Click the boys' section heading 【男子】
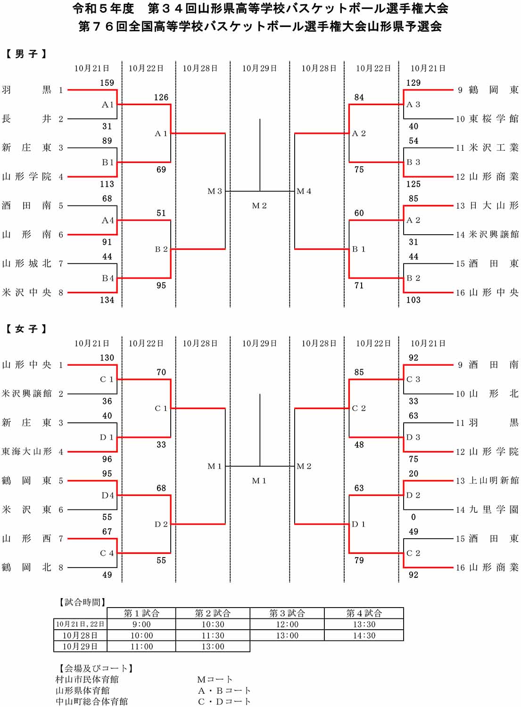(x=26, y=54)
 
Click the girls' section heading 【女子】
(x=26, y=329)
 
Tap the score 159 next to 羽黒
(x=107, y=83)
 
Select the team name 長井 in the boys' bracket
(x=26, y=119)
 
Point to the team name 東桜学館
(x=493, y=119)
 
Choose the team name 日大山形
(x=493, y=206)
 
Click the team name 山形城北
(x=26, y=263)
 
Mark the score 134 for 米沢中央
(x=107, y=300)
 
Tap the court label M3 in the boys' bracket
(x=215, y=191)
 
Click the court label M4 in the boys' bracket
(x=304, y=191)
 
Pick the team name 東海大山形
(x=26, y=452)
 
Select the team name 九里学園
(x=493, y=510)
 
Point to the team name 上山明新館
(x=493, y=481)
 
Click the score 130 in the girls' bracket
(x=107, y=358)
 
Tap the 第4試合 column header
(x=364, y=613)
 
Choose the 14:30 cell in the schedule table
(x=364, y=635)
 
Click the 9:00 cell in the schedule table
(x=141, y=625)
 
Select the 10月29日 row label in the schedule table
(x=80, y=646)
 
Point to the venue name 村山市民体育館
(x=87, y=679)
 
